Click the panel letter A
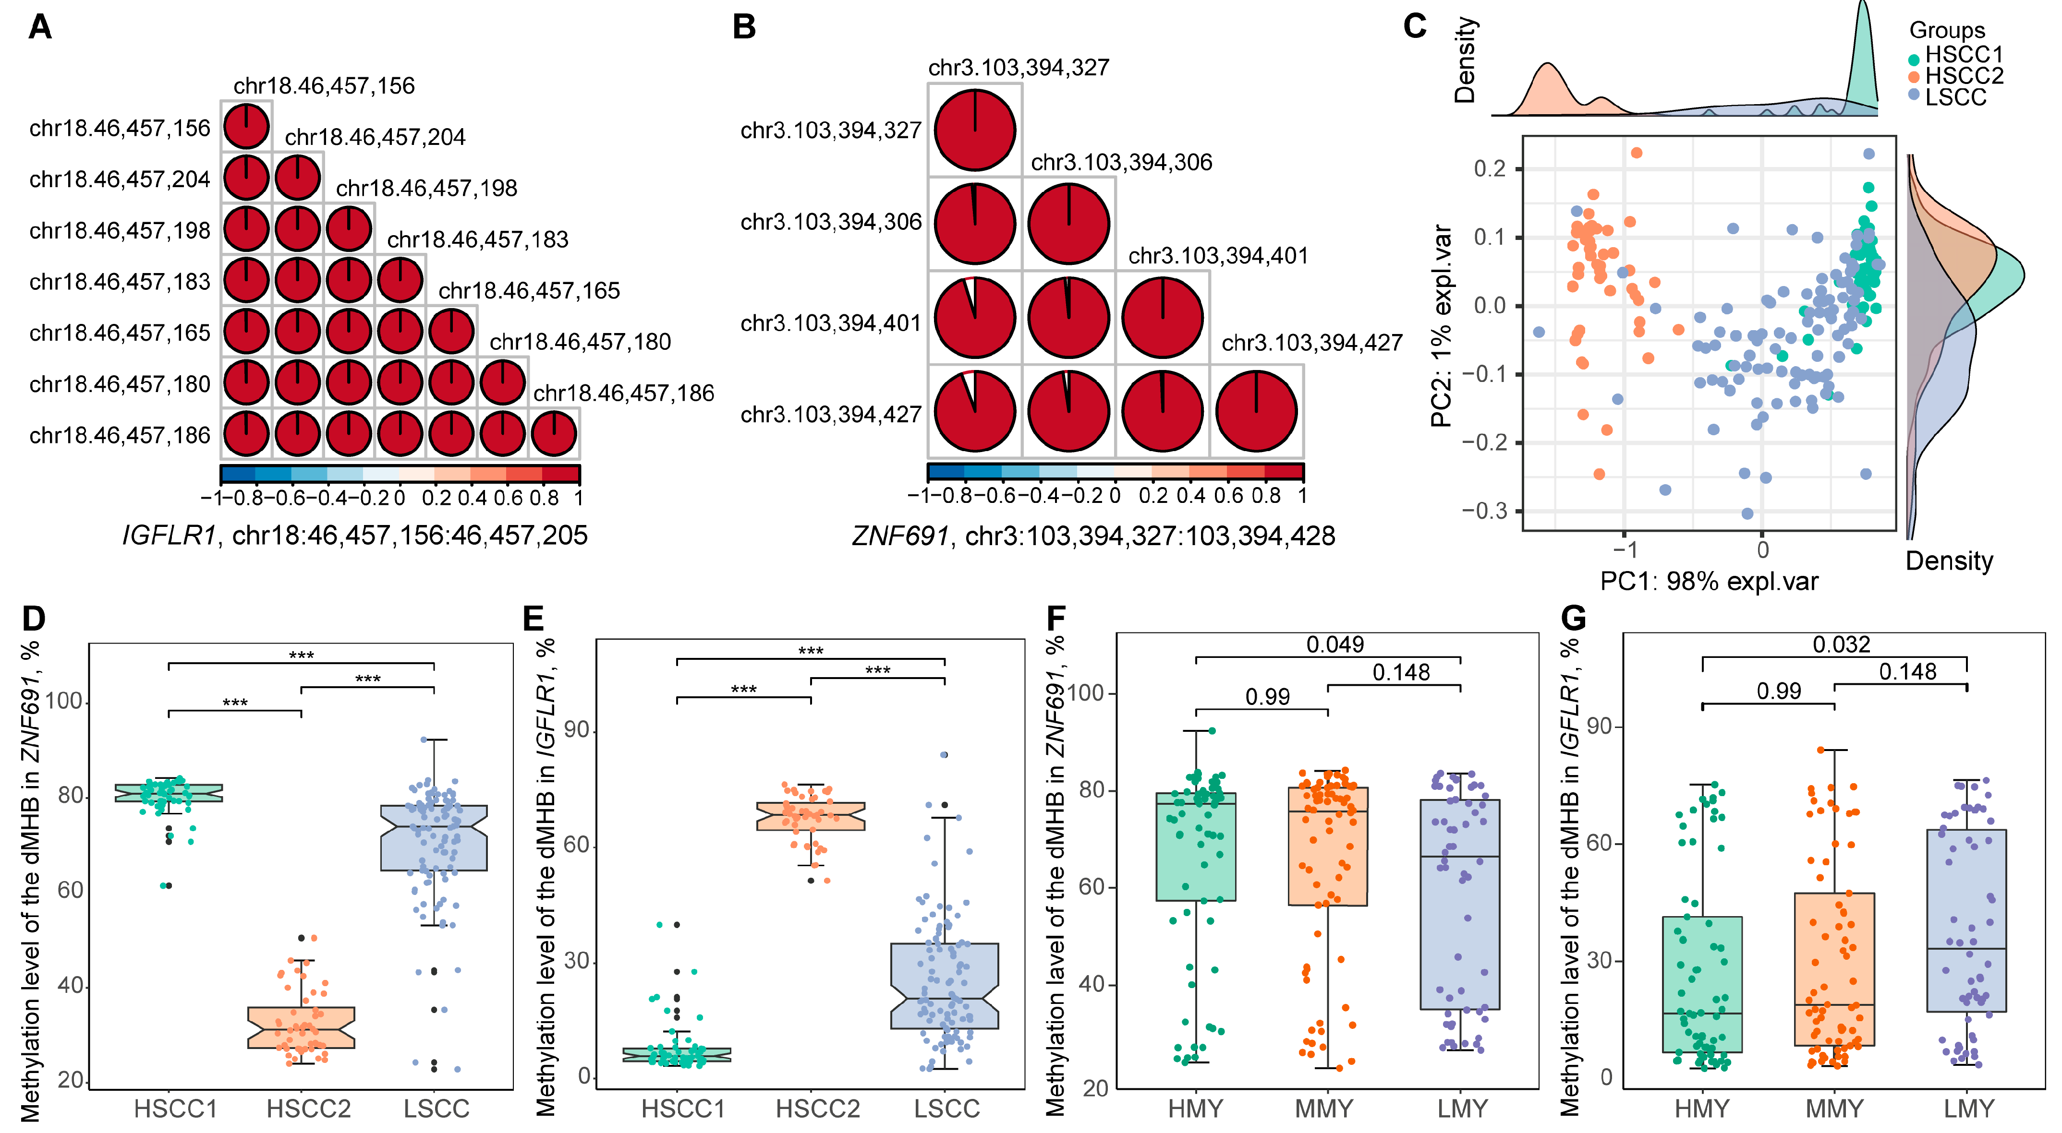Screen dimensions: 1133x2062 click(x=40, y=27)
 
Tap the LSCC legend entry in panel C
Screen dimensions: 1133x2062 click(x=1955, y=97)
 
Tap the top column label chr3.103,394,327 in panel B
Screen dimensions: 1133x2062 click(x=1018, y=68)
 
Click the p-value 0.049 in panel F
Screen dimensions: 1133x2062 click(x=1334, y=644)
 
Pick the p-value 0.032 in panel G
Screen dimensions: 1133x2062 click(x=1841, y=644)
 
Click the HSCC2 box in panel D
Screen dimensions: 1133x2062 click(x=301, y=1027)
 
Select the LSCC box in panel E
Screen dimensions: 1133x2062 click(x=945, y=986)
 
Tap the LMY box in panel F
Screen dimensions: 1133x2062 click(x=1460, y=904)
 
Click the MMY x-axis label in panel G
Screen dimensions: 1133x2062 click(x=1834, y=1109)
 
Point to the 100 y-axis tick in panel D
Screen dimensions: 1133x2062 click(x=64, y=702)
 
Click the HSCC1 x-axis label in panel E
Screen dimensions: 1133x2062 click(x=683, y=1109)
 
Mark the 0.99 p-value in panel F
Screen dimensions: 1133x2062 click(x=1267, y=697)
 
